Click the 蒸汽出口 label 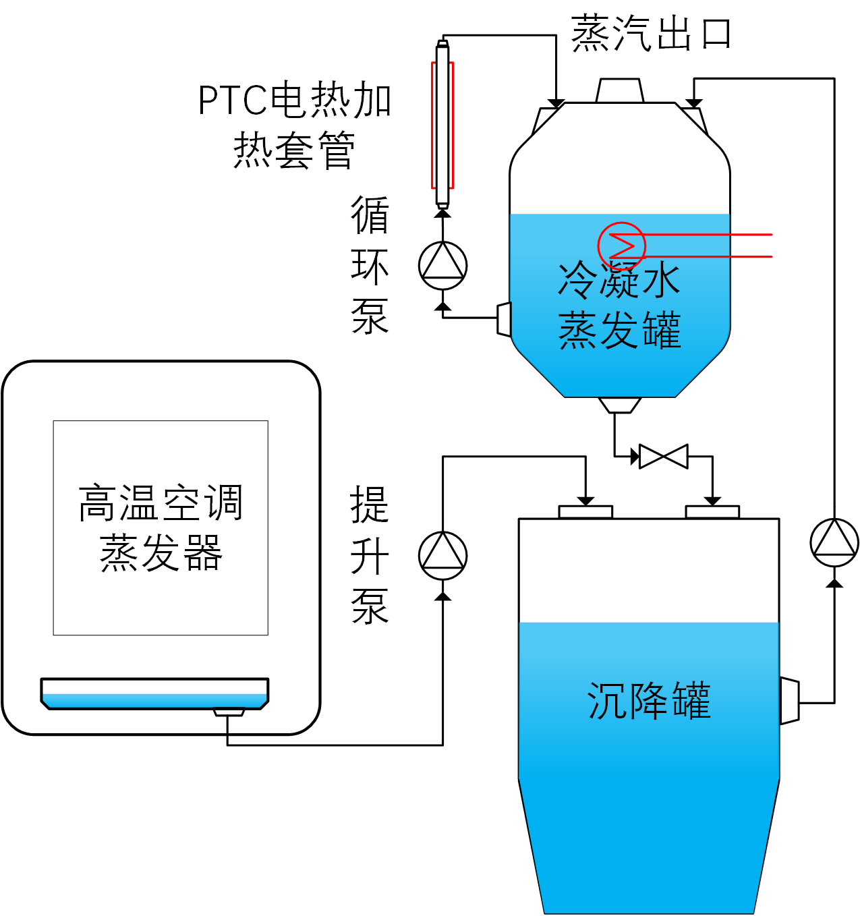click(651, 34)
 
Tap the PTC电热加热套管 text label click(295, 125)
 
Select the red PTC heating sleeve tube click(442, 125)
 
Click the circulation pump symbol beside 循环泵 click(442, 265)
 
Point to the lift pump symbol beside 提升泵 click(442, 556)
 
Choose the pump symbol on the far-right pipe click(834, 542)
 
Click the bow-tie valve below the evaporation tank click(663, 457)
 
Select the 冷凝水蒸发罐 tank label click(619, 305)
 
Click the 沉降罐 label click(649, 702)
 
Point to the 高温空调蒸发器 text click(161, 527)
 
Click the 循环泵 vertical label click(370, 265)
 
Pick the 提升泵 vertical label click(370, 556)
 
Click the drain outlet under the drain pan click(229, 712)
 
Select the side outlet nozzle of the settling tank click(789, 702)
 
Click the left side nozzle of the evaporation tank click(503, 319)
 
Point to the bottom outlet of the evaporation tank click(620, 405)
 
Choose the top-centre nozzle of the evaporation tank click(620, 90)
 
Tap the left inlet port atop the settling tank click(585, 512)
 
